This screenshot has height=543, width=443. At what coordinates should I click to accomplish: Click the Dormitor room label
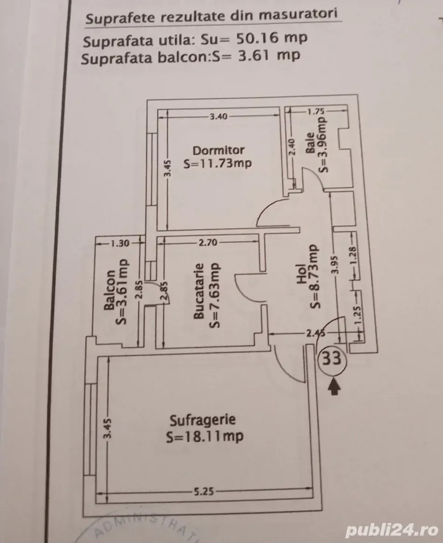pos(218,151)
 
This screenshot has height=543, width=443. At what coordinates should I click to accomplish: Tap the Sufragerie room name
pos(203,420)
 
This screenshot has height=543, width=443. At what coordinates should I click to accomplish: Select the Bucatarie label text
pos(198,291)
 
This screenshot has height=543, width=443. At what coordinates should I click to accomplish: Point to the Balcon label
pos(109,290)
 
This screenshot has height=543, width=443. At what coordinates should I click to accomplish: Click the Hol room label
pos(301,274)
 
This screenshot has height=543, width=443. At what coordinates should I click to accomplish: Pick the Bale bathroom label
pos(310,143)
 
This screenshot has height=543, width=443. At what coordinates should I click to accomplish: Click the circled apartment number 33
pos(332,359)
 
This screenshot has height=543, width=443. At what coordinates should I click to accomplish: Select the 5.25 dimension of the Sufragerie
pos(204,492)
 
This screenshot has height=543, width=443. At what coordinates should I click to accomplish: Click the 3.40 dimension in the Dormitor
pos(218,117)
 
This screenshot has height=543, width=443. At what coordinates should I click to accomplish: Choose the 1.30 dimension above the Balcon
pos(119,243)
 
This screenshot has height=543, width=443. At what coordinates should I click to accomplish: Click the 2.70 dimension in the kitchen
pos(208,242)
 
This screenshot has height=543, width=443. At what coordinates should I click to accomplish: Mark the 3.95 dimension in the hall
pos(334,264)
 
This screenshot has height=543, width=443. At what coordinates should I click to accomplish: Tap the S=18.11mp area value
pos(204,437)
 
